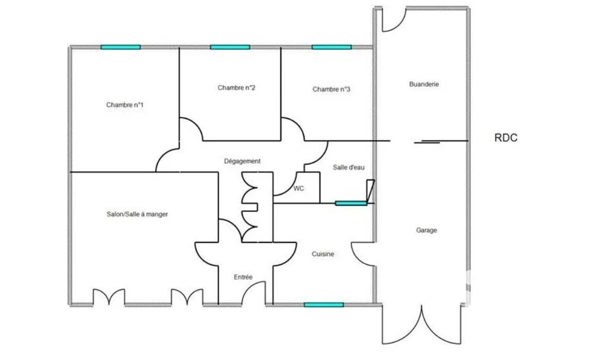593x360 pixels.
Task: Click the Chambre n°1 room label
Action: pos(125,105)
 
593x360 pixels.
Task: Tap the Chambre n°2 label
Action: pos(237,88)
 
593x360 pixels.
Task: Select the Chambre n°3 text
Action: pos(331,89)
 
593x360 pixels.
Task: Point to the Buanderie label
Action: pos(424,84)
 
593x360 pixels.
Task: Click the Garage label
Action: pos(426,230)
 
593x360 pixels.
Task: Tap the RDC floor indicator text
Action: pos(506,138)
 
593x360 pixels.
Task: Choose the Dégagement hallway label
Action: pos(243,161)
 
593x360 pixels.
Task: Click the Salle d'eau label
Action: pos(349,167)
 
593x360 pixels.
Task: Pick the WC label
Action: pos(299,189)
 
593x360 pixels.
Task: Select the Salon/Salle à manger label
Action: pos(138,214)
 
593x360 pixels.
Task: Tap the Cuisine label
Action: pos(323,254)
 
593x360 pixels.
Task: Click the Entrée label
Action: pos(243,277)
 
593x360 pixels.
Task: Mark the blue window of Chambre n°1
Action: pos(120,47)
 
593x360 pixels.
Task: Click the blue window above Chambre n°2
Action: pos(230,47)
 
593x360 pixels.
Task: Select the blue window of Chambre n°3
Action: pos(331,47)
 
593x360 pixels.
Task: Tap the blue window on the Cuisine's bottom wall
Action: pos(324,305)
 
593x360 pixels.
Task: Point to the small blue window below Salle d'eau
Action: pos(351,203)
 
